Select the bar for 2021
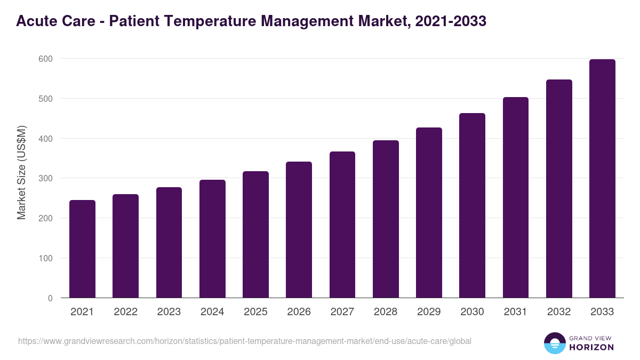click(82, 249)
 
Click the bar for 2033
click(602, 179)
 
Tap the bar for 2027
click(342, 225)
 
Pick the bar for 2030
click(472, 205)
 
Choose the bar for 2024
click(212, 239)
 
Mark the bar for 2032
click(559, 189)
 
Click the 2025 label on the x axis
click(255, 312)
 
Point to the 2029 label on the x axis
click(429, 312)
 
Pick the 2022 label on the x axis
click(125, 312)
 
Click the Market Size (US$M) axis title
click(21, 173)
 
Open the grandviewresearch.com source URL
click(245, 341)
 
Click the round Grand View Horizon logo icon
click(554, 343)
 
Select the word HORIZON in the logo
click(591, 347)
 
